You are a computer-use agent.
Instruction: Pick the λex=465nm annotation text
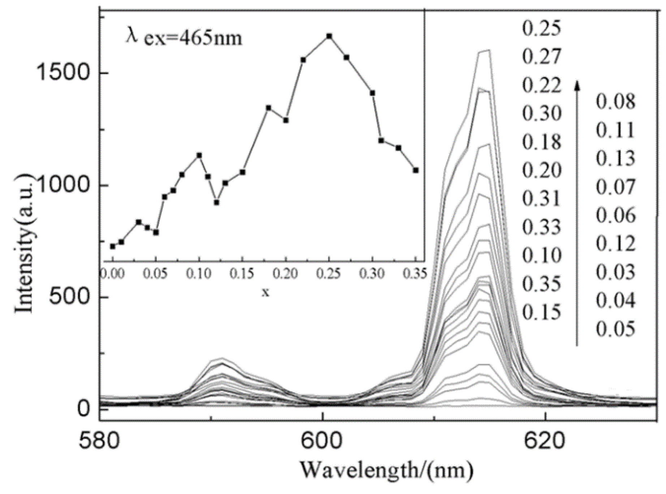pyautogui.click(x=184, y=37)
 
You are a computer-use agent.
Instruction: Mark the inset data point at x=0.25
pyautogui.click(x=329, y=36)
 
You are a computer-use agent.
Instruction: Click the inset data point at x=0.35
pyautogui.click(x=416, y=170)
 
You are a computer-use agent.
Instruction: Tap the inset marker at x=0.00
pyautogui.click(x=113, y=246)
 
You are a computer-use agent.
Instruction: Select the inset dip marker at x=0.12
pyautogui.click(x=216, y=202)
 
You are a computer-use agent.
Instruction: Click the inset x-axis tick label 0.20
pyautogui.click(x=285, y=274)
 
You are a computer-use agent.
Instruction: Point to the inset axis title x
pyautogui.click(x=266, y=292)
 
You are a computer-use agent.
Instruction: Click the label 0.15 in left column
pyautogui.click(x=541, y=312)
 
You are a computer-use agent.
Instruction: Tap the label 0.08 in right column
pyautogui.click(x=615, y=102)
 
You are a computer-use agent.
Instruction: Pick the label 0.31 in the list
pyautogui.click(x=541, y=199)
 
